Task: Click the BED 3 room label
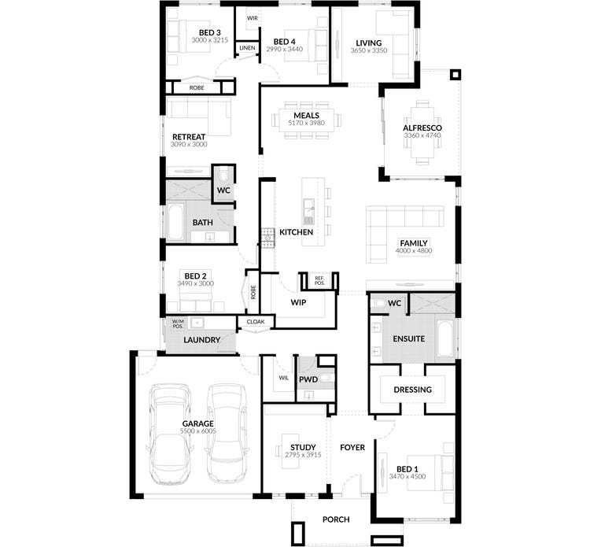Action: (199, 32)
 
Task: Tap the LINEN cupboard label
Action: (247, 47)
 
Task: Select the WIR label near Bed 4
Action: (253, 17)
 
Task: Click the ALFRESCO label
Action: (422, 127)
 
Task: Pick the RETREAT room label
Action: (189, 136)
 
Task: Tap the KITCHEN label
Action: (297, 232)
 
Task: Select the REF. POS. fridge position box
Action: (319, 280)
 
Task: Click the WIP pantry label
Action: (297, 301)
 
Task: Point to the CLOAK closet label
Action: (256, 322)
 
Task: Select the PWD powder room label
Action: (308, 380)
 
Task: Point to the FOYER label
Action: (352, 447)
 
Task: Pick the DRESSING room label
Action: (413, 389)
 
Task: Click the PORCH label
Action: (336, 519)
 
